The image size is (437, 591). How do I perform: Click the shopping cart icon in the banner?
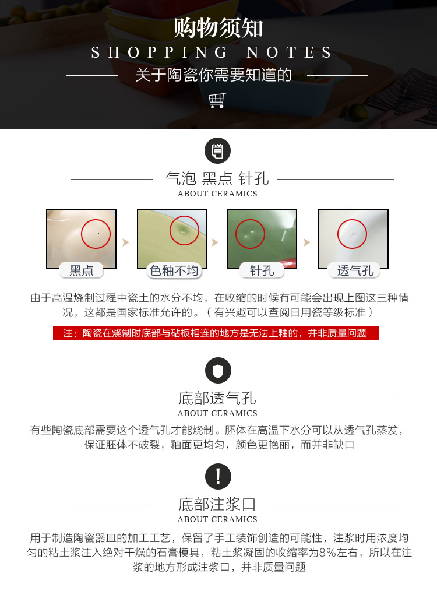pos(217,100)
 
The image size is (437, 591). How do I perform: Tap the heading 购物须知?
pos(218,28)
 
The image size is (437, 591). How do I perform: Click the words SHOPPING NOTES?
pos(212,52)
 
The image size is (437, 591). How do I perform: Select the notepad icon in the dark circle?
pos(217,151)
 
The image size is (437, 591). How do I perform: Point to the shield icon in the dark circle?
pos(218,371)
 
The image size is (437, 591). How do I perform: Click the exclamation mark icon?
pos(218,476)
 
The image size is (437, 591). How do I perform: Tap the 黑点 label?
pos(82,270)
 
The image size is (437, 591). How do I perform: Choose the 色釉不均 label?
pos(174,270)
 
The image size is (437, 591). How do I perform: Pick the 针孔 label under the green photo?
pos(262,270)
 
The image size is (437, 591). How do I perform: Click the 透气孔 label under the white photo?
pos(355,270)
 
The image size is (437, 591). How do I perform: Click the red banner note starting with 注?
pos(216,333)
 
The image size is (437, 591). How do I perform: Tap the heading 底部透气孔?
pos(217,399)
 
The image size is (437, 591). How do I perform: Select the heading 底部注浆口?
pos(217,504)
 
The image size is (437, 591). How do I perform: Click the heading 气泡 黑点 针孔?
pos(217,179)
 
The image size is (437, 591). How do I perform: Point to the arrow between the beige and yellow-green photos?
pos(126,242)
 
